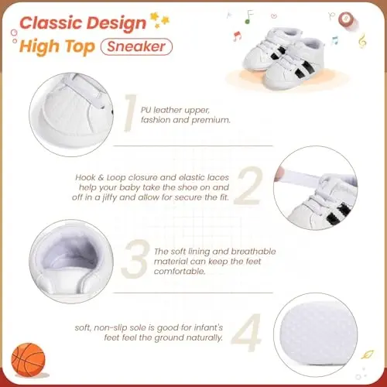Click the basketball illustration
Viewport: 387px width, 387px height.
pos(28,360)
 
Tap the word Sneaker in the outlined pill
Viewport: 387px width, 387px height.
pos(136,46)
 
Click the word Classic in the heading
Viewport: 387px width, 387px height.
pos(51,23)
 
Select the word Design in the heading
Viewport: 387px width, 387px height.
pos(116,24)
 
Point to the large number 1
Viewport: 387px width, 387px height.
pos(131,113)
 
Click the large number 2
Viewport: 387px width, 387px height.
pos(248,186)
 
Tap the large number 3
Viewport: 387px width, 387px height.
pos(135,259)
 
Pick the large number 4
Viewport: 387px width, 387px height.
pos(246,333)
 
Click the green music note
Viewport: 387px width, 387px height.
pos(249,17)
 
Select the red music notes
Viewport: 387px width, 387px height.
pos(237,36)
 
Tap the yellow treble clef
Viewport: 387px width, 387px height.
pos(362,41)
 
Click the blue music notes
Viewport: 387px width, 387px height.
pos(334,40)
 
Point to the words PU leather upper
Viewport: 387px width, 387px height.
pos(175,110)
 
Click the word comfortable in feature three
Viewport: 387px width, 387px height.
pos(180,271)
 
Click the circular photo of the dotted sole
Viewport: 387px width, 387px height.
pos(316,334)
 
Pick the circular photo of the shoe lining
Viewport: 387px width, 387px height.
pos(71,262)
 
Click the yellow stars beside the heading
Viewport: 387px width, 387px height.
pos(160,19)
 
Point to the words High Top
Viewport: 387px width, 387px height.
pos(57,47)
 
